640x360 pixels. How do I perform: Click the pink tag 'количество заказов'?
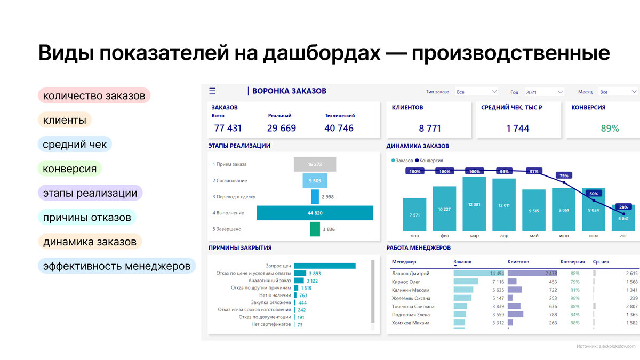coord(94,96)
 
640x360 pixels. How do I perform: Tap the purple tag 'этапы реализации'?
coord(90,193)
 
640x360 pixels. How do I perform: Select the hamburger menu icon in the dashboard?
coord(212,91)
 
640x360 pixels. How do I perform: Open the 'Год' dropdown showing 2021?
coord(544,92)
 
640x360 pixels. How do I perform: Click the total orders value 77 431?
coord(228,128)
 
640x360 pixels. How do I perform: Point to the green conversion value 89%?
coord(610,128)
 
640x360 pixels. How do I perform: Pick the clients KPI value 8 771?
coord(430,128)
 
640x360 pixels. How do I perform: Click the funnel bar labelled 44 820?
coord(315,213)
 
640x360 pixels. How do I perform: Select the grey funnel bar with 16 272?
coord(315,164)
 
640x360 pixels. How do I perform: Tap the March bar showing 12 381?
coord(474,205)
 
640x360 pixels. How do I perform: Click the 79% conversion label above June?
coord(564,175)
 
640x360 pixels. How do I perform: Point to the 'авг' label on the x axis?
coord(623,235)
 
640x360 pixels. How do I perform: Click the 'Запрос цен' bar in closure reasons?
coord(324,266)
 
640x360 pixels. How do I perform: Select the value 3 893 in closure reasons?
coord(314,273)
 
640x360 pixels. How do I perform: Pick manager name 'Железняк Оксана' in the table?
coord(411,298)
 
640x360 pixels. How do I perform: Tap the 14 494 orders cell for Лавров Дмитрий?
coord(496,274)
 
